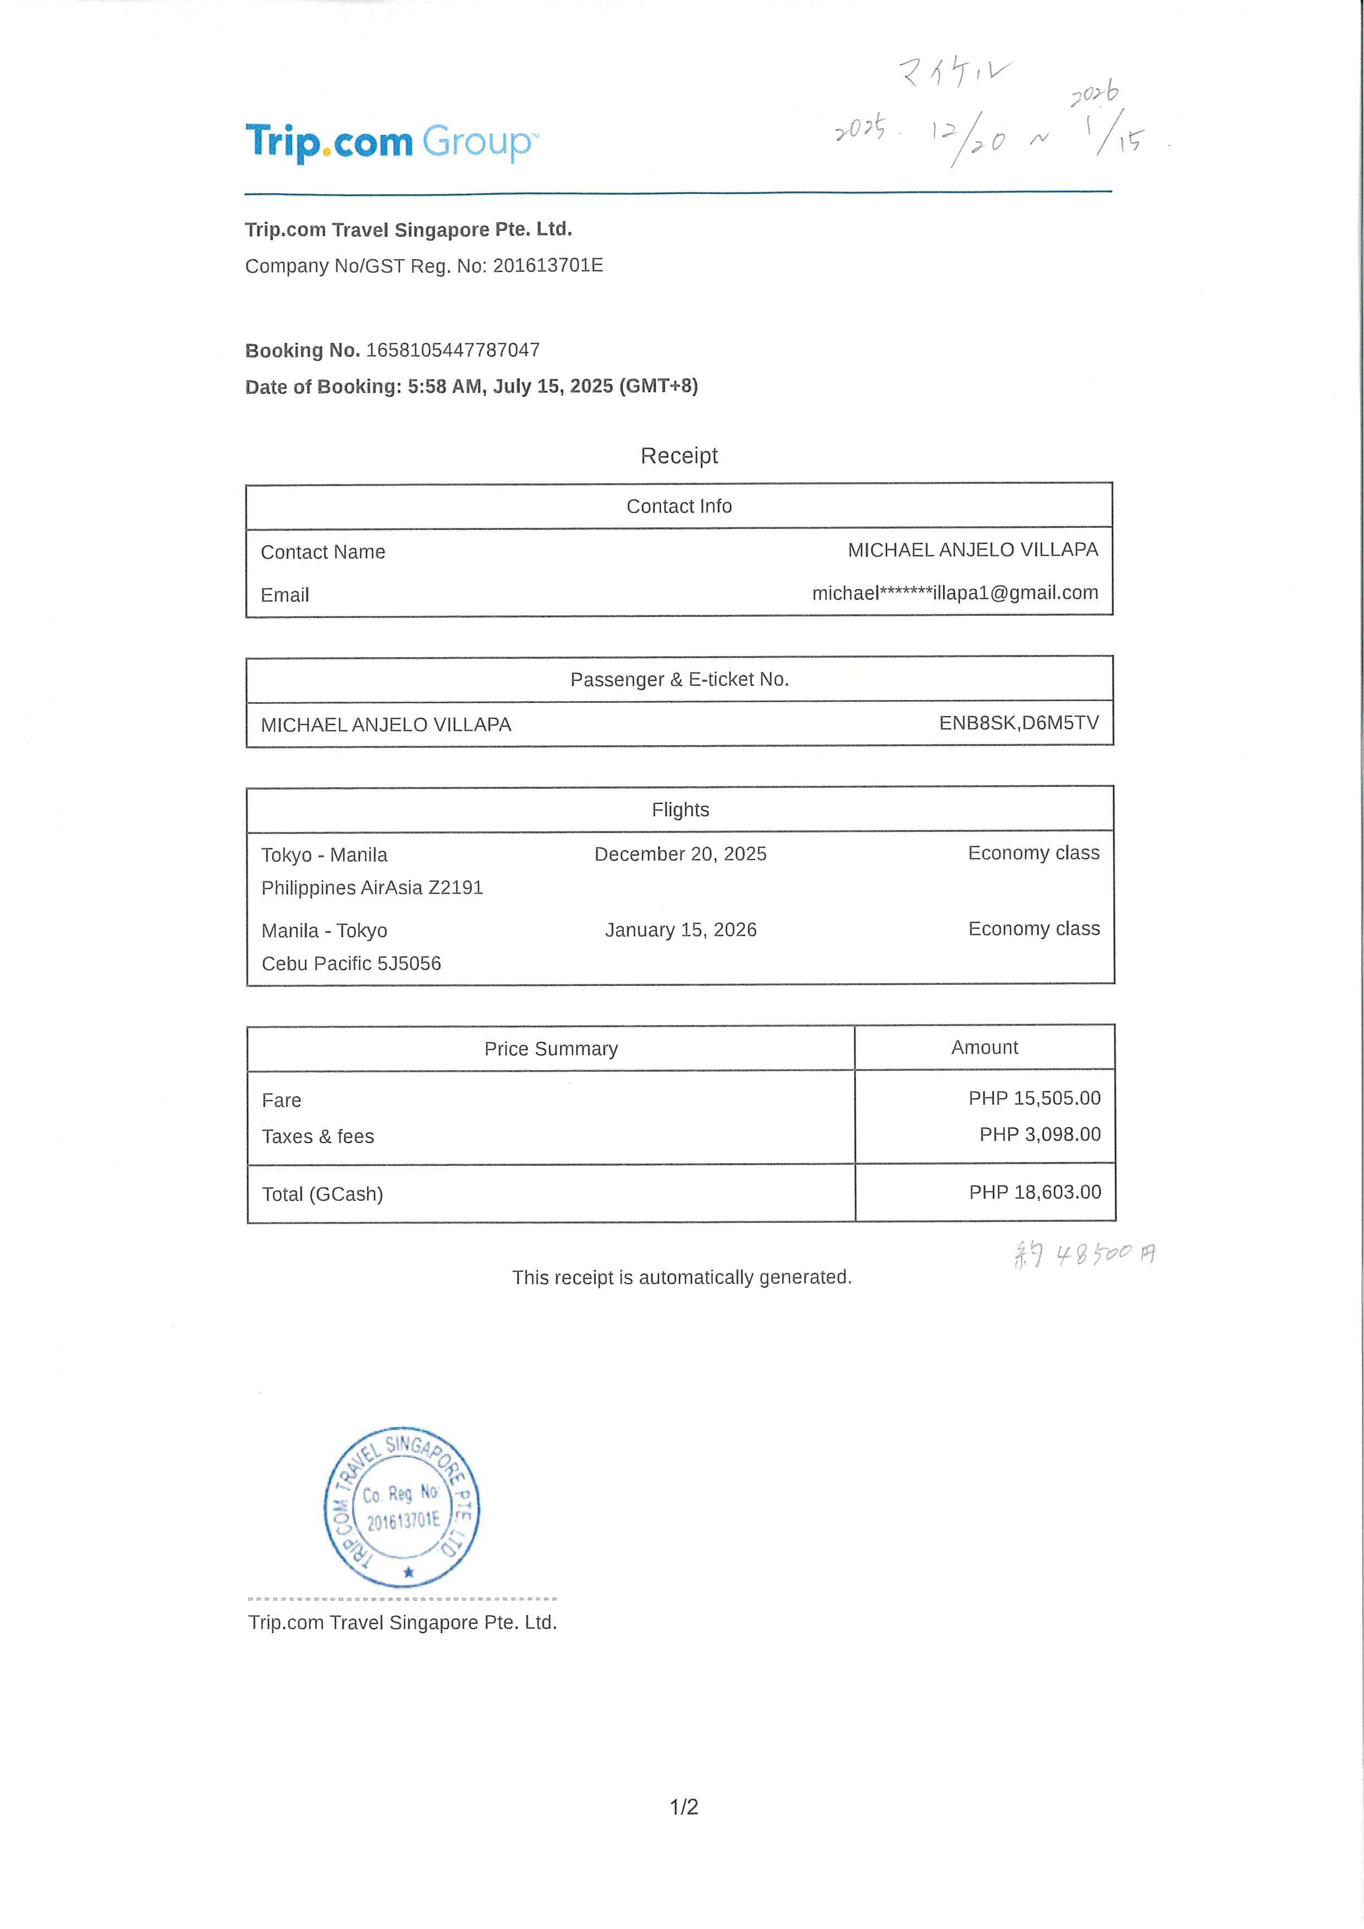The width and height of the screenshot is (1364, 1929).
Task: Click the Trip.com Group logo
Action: (391, 142)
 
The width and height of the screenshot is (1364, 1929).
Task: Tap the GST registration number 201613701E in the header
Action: (547, 266)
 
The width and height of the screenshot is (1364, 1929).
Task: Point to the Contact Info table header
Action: (679, 506)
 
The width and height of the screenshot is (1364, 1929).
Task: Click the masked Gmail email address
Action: (955, 593)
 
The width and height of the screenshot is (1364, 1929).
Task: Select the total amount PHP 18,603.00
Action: (1035, 1192)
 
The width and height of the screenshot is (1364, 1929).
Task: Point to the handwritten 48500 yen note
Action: (1084, 1254)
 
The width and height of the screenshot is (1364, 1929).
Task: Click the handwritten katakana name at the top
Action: (955, 72)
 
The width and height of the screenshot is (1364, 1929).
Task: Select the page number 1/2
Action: (683, 1806)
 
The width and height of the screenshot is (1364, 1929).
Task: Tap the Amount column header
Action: (984, 1048)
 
